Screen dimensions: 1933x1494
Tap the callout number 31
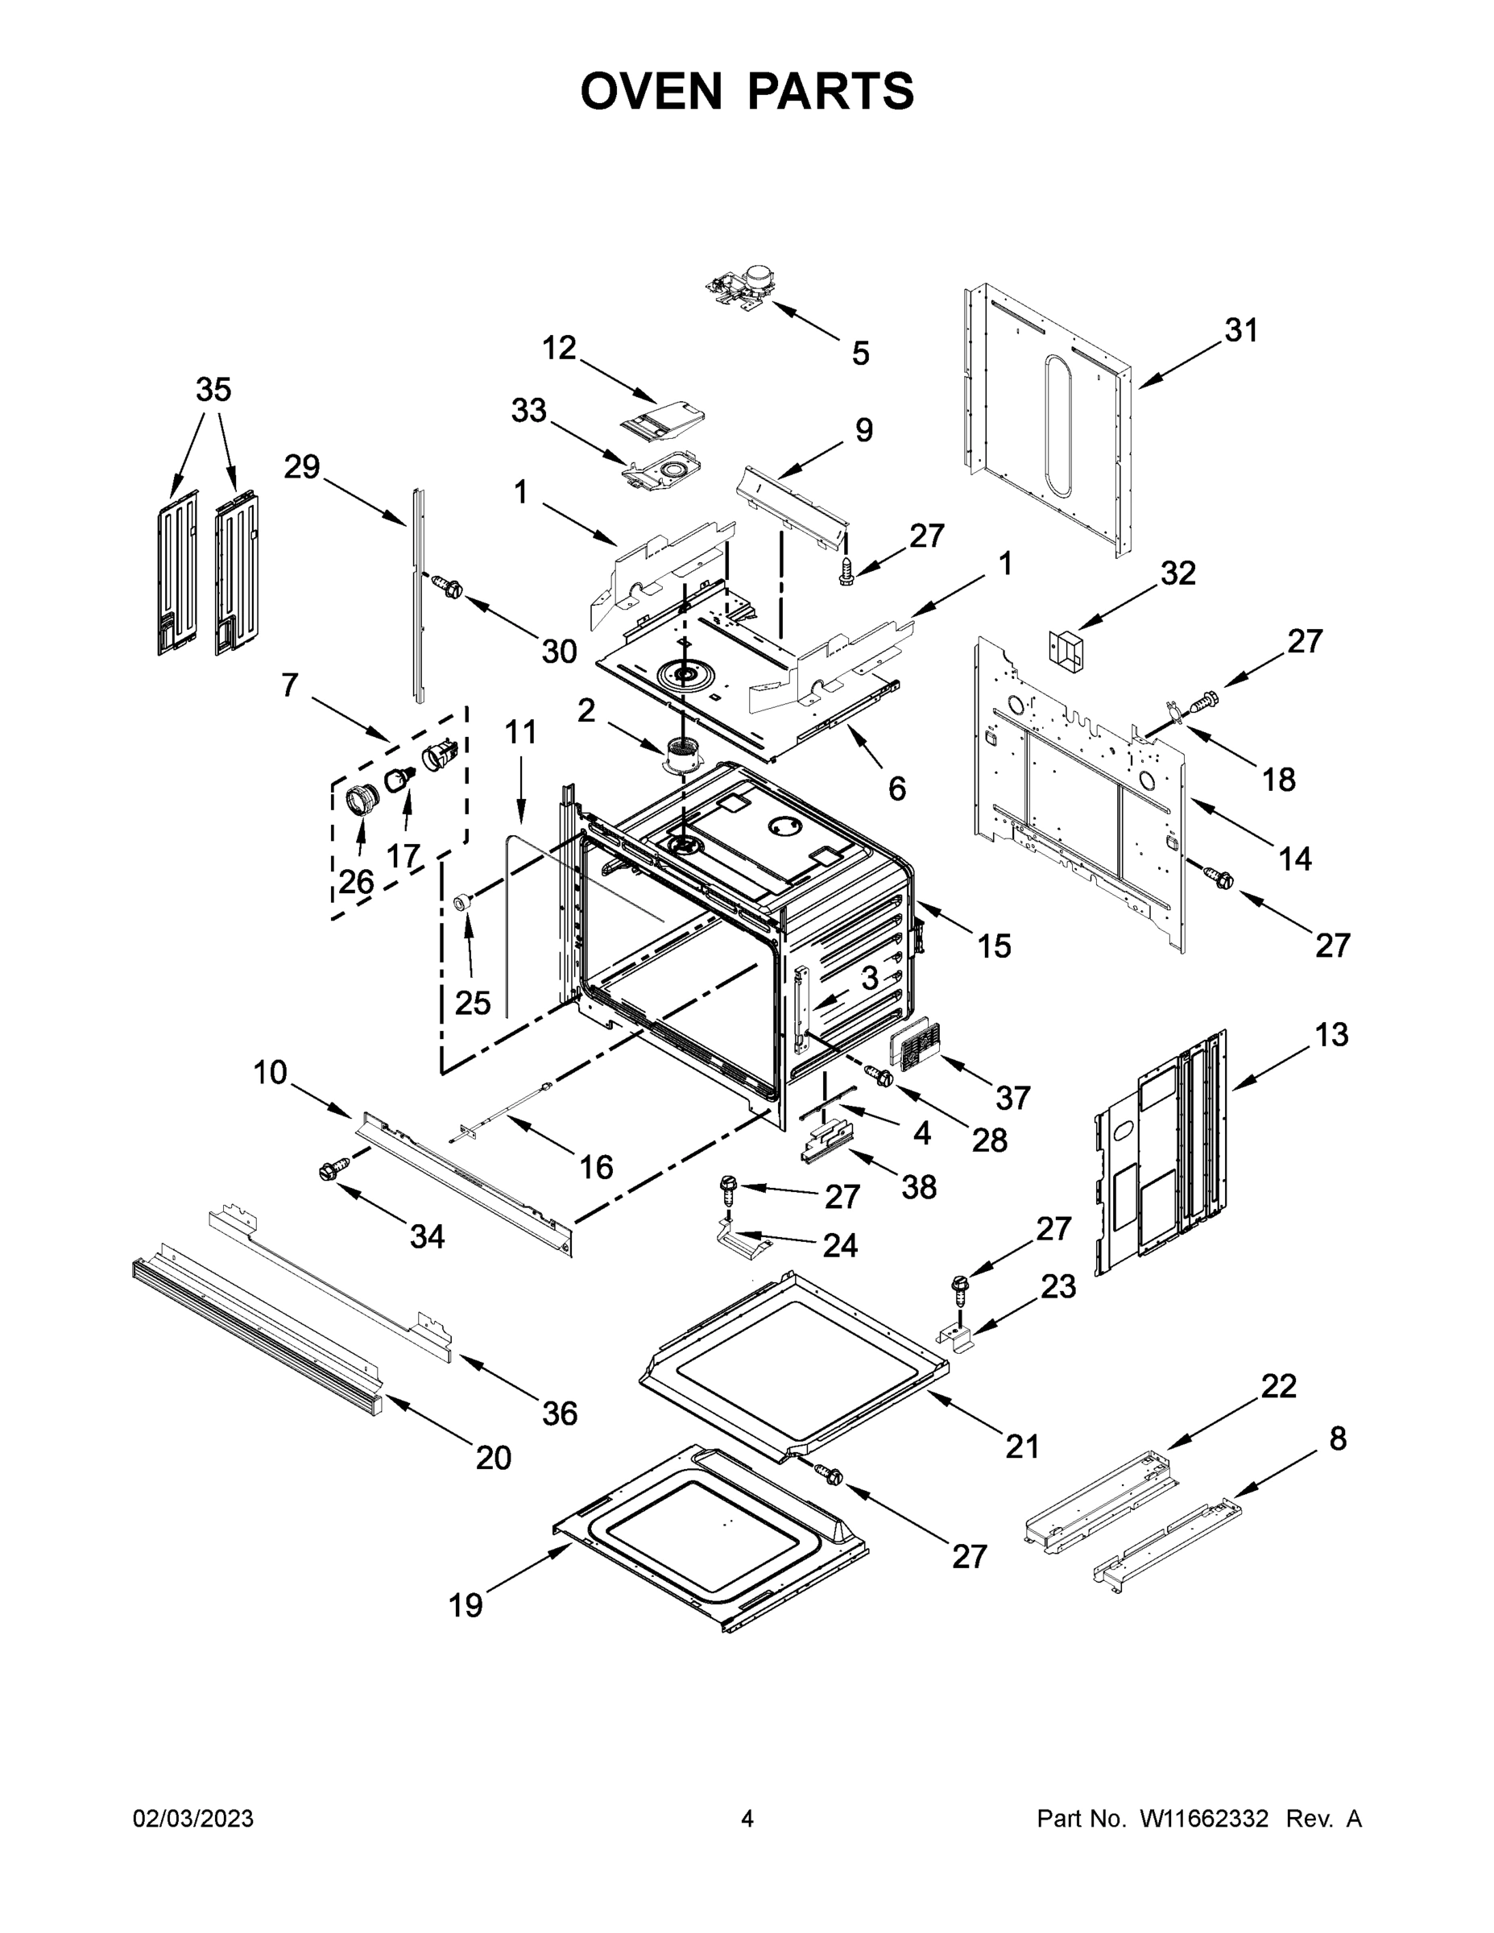pyautogui.click(x=1241, y=330)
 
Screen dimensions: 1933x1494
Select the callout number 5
pyautogui.click(x=860, y=353)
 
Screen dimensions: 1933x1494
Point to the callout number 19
pyautogui.click(x=466, y=1604)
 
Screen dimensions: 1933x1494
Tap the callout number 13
pyautogui.click(x=1331, y=1034)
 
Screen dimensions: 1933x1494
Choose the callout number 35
pyautogui.click(x=213, y=390)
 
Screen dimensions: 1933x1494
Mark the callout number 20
pyautogui.click(x=493, y=1457)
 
